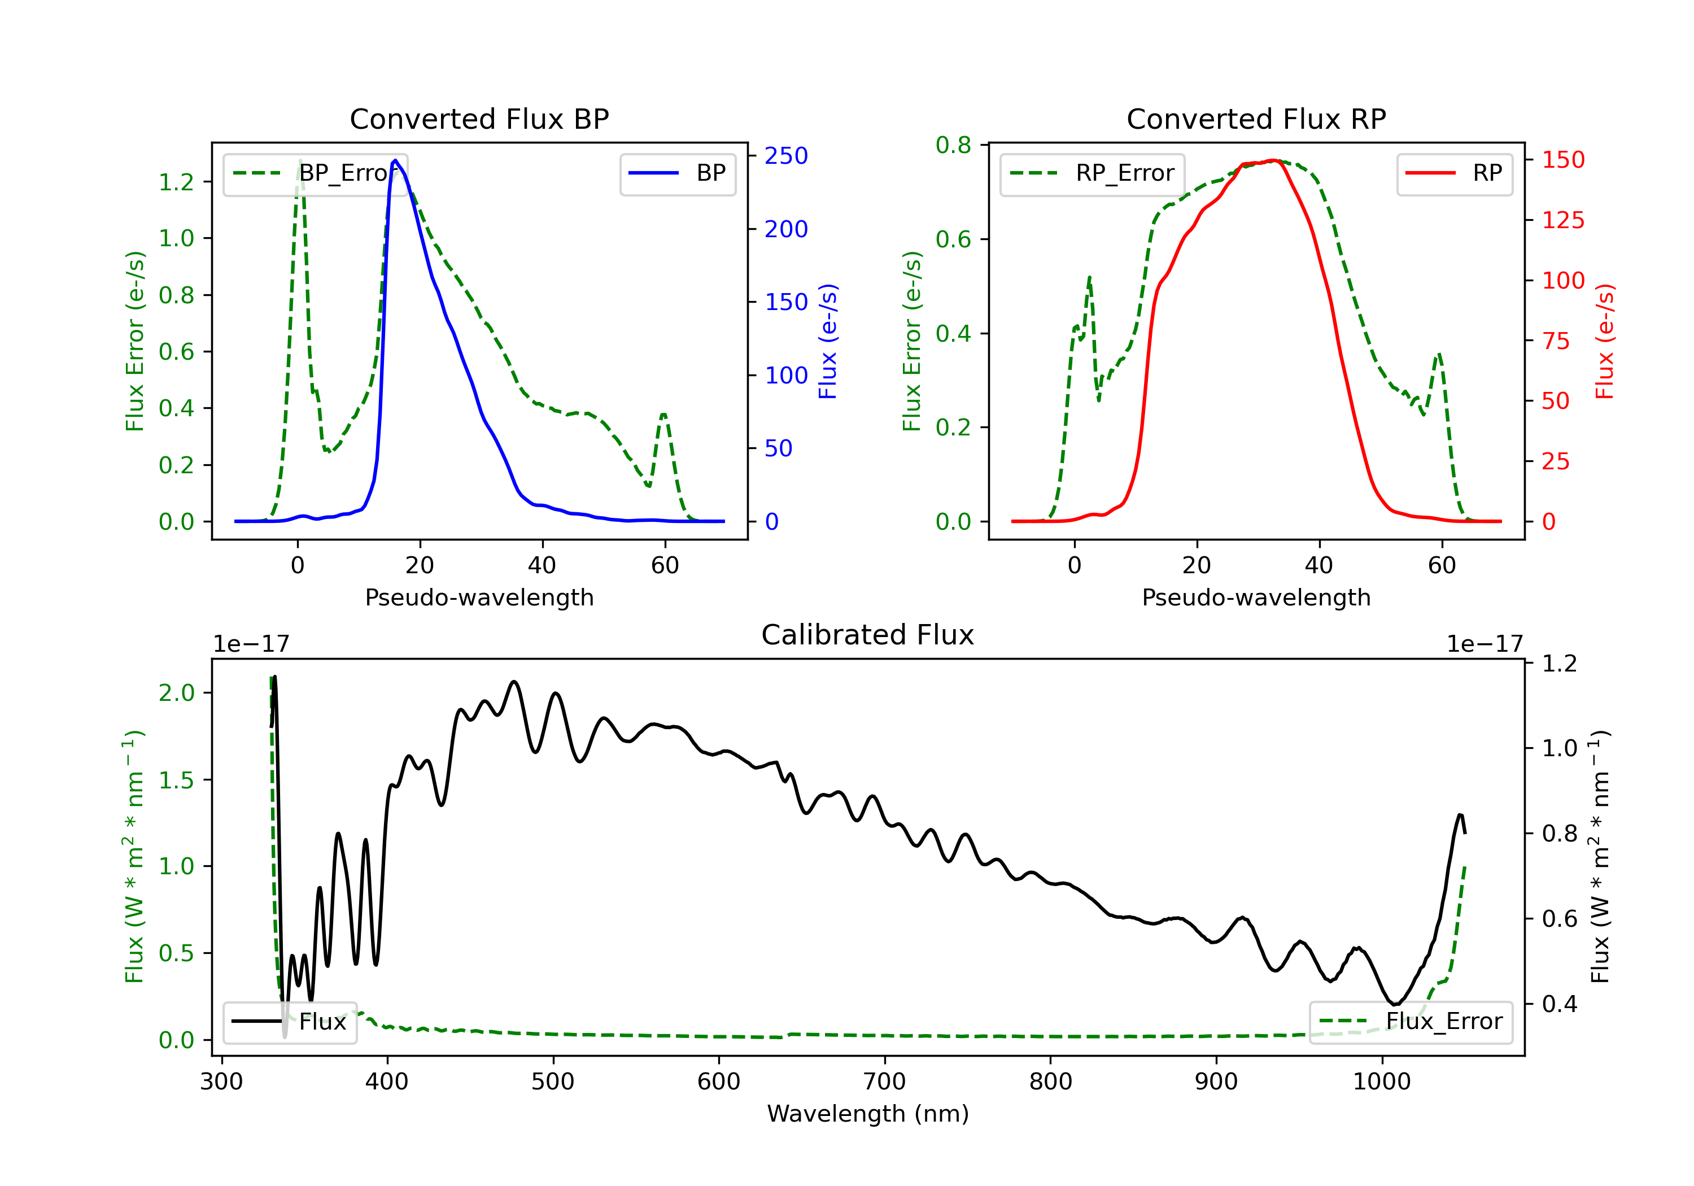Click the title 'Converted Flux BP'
[479, 119]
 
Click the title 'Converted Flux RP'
[1256, 119]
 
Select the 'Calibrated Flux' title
[868, 635]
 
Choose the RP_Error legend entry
[1092, 173]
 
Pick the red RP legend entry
[1453, 173]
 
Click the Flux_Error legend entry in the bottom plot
[1411, 1022]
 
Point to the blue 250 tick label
[786, 156]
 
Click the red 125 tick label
[1562, 220]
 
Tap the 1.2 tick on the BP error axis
[176, 182]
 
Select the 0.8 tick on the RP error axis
[953, 145]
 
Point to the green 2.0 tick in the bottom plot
[176, 693]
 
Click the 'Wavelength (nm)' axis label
[868, 1114]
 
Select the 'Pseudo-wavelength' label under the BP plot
[479, 597]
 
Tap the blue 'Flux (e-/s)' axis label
[828, 342]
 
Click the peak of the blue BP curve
[395, 160]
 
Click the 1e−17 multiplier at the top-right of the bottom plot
[1485, 644]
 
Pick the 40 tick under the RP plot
[1319, 565]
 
